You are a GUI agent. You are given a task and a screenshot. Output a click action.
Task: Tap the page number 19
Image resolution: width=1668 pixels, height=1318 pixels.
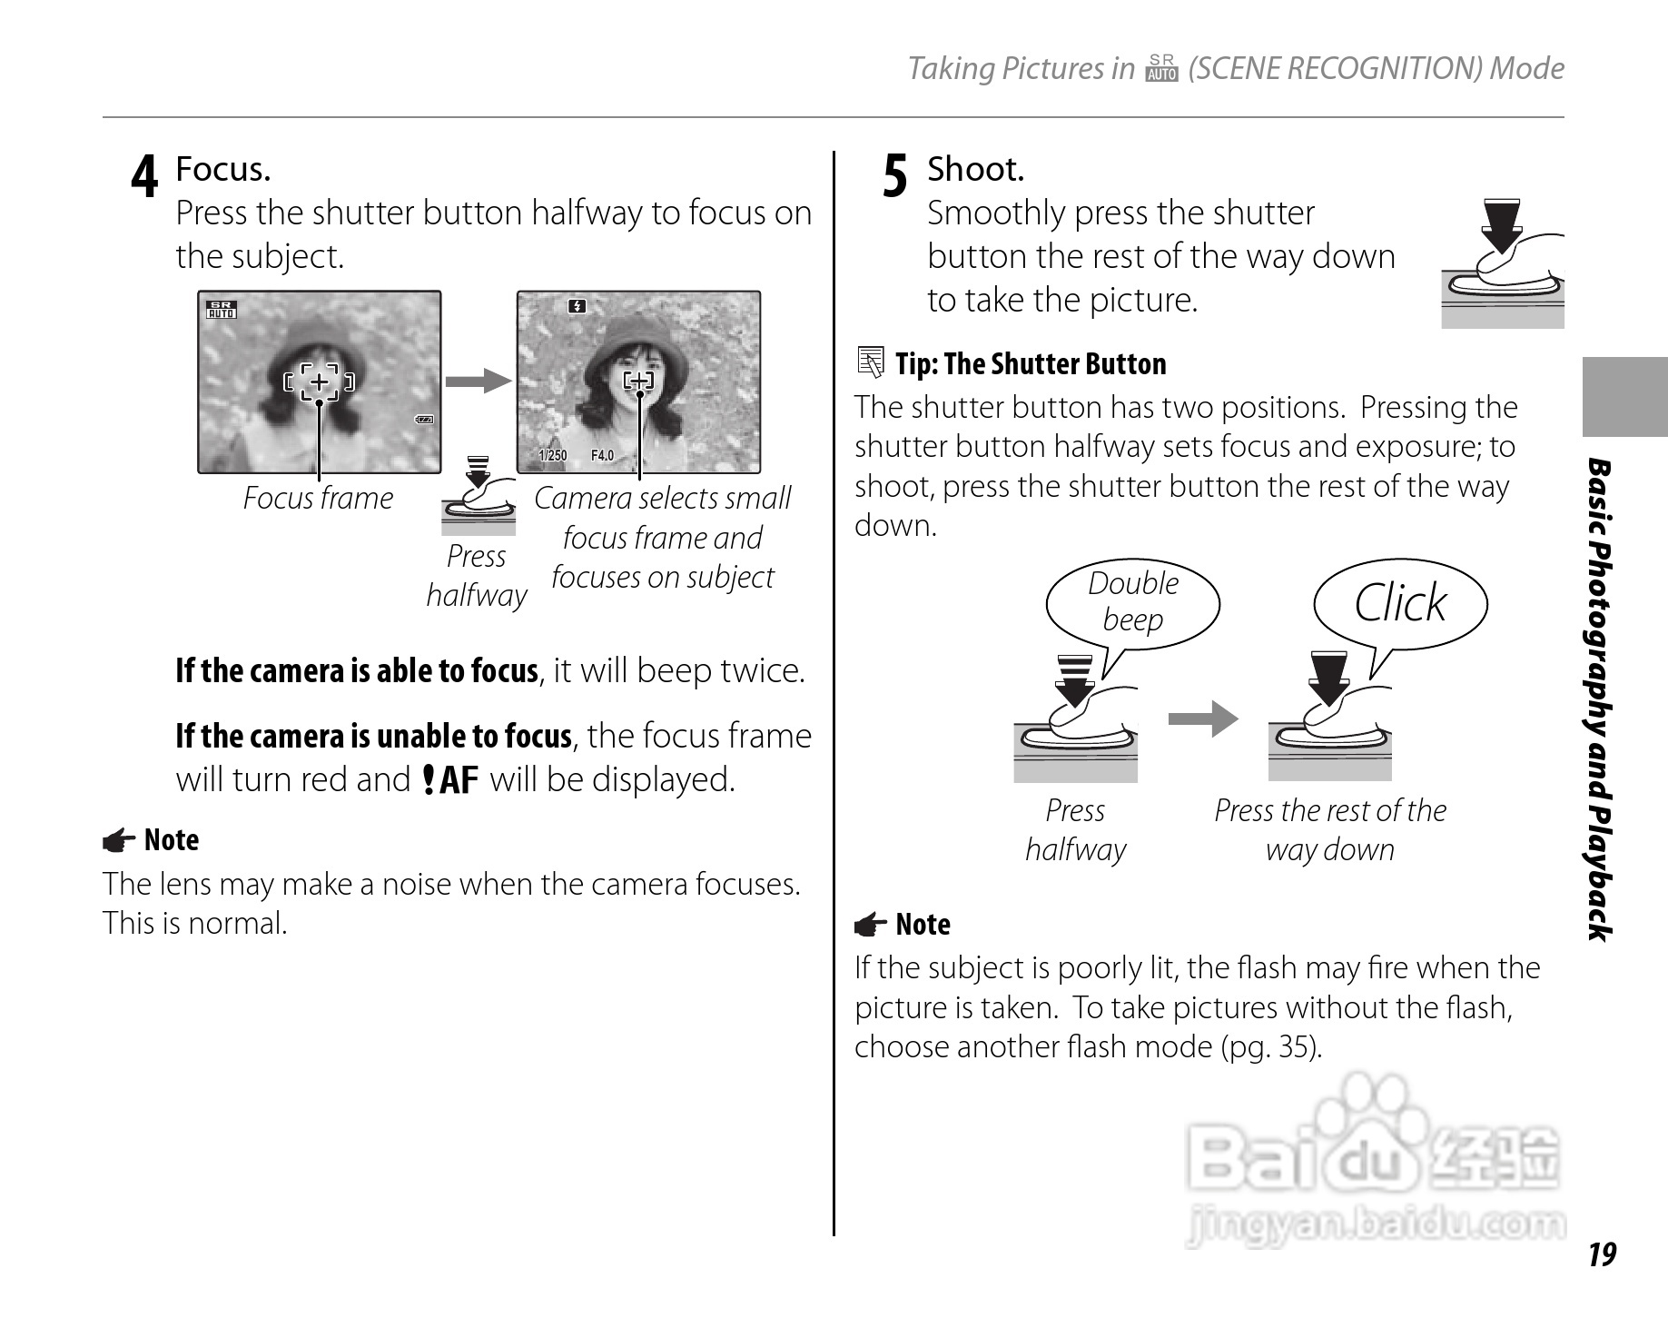1602,1254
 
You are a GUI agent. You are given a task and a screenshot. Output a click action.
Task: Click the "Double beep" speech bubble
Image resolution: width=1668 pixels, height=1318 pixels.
1132,601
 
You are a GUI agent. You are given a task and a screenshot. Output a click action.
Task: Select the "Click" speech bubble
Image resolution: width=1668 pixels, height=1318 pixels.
1399,603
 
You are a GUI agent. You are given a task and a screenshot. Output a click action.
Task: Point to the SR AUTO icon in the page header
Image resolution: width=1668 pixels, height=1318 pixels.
1161,69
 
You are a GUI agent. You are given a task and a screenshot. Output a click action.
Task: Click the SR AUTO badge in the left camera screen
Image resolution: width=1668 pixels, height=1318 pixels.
221,310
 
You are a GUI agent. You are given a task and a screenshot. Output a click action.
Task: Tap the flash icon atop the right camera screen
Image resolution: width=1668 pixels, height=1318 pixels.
577,307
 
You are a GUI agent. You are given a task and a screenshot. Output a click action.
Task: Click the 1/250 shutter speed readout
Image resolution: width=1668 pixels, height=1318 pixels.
552,456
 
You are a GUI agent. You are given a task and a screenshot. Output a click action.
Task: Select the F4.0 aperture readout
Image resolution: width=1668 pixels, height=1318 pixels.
602,456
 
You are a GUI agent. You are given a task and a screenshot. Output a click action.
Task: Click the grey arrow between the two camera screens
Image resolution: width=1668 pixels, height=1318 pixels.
479,381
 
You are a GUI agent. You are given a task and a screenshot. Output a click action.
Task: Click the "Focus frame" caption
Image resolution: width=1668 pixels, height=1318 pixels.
318,499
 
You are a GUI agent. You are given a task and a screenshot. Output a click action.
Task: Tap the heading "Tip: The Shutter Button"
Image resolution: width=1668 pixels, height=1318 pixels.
1030,364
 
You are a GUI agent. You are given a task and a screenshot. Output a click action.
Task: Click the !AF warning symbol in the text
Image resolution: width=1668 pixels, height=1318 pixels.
450,780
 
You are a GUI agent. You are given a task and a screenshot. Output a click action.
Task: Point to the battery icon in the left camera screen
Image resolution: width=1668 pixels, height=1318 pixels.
424,420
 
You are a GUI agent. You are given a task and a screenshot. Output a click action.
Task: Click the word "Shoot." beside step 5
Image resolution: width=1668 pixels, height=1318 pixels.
975,170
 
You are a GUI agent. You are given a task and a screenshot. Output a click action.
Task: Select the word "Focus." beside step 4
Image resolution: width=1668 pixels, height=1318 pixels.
222,170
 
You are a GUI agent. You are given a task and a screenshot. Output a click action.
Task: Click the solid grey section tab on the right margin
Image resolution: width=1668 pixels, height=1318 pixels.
1624,397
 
